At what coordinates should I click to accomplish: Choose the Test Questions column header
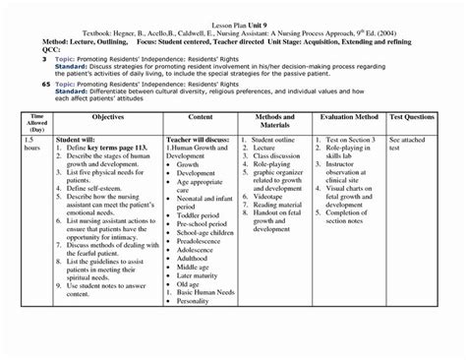point(418,115)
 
